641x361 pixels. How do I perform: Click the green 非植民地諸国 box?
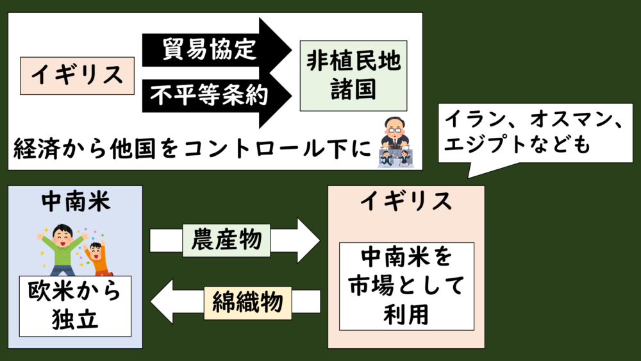(353, 76)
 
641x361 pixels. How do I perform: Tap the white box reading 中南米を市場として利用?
(406, 286)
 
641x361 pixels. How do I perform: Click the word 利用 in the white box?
(406, 314)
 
